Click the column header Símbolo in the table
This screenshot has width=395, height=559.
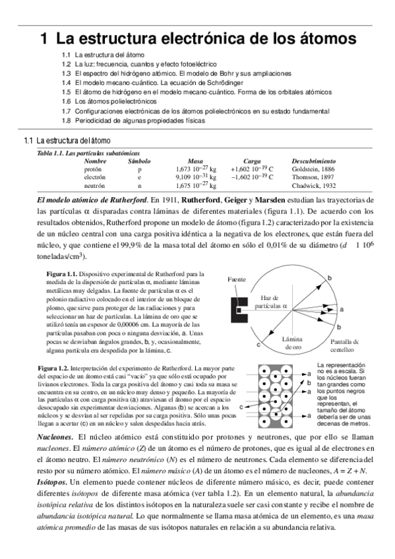pyautogui.click(x=139, y=161)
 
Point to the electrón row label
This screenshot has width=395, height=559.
pyautogui.click(x=94, y=177)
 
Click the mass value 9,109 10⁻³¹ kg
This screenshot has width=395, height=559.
pyautogui.click(x=196, y=177)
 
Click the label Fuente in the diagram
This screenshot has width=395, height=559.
pyautogui.click(x=237, y=279)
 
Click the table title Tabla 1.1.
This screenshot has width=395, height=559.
pyautogui.click(x=52, y=153)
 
